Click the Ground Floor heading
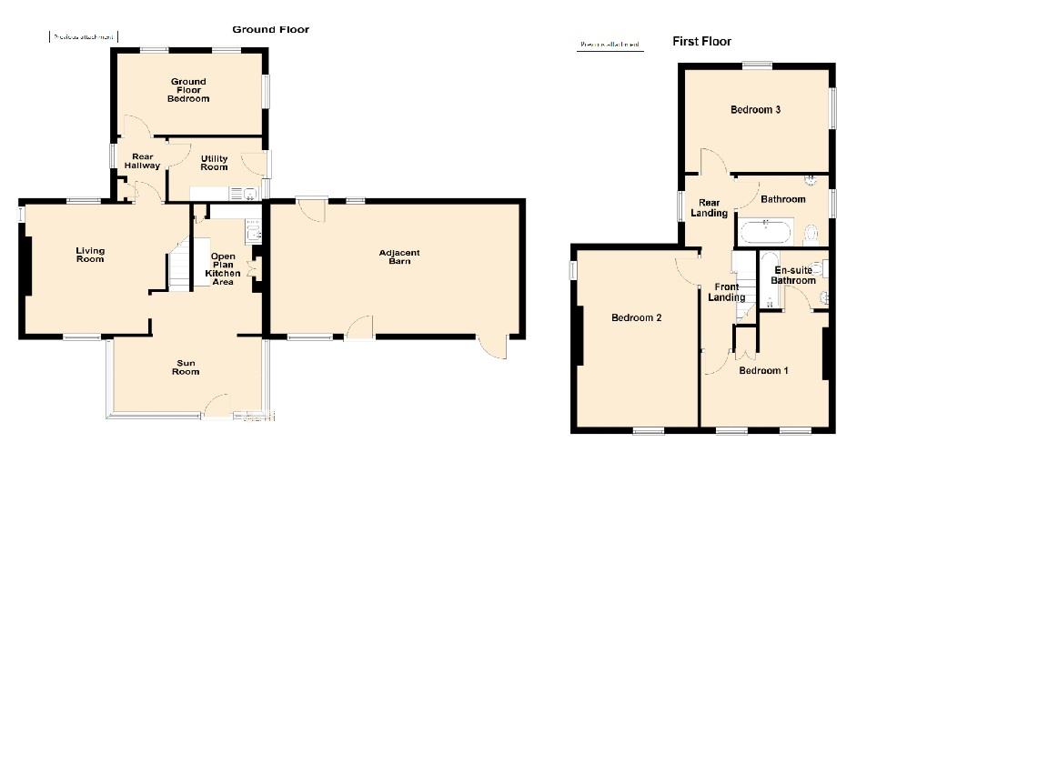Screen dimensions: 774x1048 (270, 30)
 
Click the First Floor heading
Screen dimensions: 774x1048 (701, 41)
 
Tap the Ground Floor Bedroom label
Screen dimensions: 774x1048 (188, 90)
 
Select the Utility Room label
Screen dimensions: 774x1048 (214, 163)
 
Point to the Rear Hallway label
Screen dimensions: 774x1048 (142, 161)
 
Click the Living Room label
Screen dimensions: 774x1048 (90, 255)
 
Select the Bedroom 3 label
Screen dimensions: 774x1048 (755, 110)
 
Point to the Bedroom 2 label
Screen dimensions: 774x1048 (636, 318)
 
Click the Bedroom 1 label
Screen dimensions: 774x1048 (763, 371)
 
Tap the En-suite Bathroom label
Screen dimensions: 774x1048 (793, 276)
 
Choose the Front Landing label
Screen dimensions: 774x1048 (726, 292)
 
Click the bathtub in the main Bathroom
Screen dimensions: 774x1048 (765, 232)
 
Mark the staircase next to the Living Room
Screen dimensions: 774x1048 (179, 266)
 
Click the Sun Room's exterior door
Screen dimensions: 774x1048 (217, 407)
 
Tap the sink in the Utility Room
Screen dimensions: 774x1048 (241, 192)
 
